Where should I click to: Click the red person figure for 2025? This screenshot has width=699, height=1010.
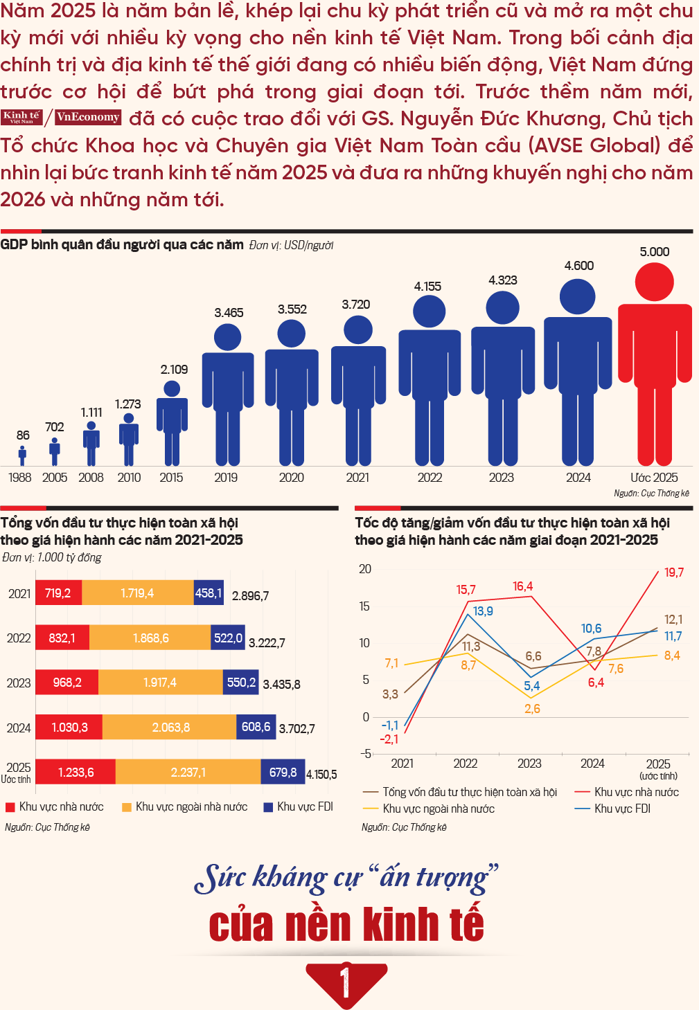click(x=655, y=360)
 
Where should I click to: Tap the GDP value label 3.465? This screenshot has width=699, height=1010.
click(x=229, y=313)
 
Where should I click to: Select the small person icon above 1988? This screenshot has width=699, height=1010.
click(x=22, y=456)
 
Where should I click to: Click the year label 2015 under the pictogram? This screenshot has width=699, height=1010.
click(x=171, y=478)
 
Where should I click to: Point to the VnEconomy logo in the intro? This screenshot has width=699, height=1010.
click(x=88, y=117)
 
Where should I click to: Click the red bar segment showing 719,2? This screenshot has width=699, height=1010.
click(x=58, y=593)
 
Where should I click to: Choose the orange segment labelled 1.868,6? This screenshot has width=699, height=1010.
click(x=150, y=638)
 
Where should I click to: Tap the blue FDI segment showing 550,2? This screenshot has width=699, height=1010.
click(x=241, y=683)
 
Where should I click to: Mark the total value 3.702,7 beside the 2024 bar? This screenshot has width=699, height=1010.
click(x=297, y=728)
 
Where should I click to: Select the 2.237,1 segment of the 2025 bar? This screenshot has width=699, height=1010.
click(x=188, y=772)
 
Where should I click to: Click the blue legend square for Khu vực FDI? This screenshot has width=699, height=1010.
click(x=268, y=807)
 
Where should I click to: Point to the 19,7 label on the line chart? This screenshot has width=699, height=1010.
click(x=673, y=572)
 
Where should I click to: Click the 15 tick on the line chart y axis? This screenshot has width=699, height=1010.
click(x=365, y=606)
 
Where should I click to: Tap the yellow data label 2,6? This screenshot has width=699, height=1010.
click(x=532, y=709)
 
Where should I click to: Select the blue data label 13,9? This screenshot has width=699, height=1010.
click(x=483, y=611)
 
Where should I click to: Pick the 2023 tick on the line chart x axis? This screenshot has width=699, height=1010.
click(x=529, y=764)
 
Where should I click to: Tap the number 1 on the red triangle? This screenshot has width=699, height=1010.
click(x=346, y=982)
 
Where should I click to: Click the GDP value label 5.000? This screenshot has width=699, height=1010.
click(x=654, y=252)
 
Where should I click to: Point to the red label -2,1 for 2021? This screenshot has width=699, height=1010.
click(x=389, y=739)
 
